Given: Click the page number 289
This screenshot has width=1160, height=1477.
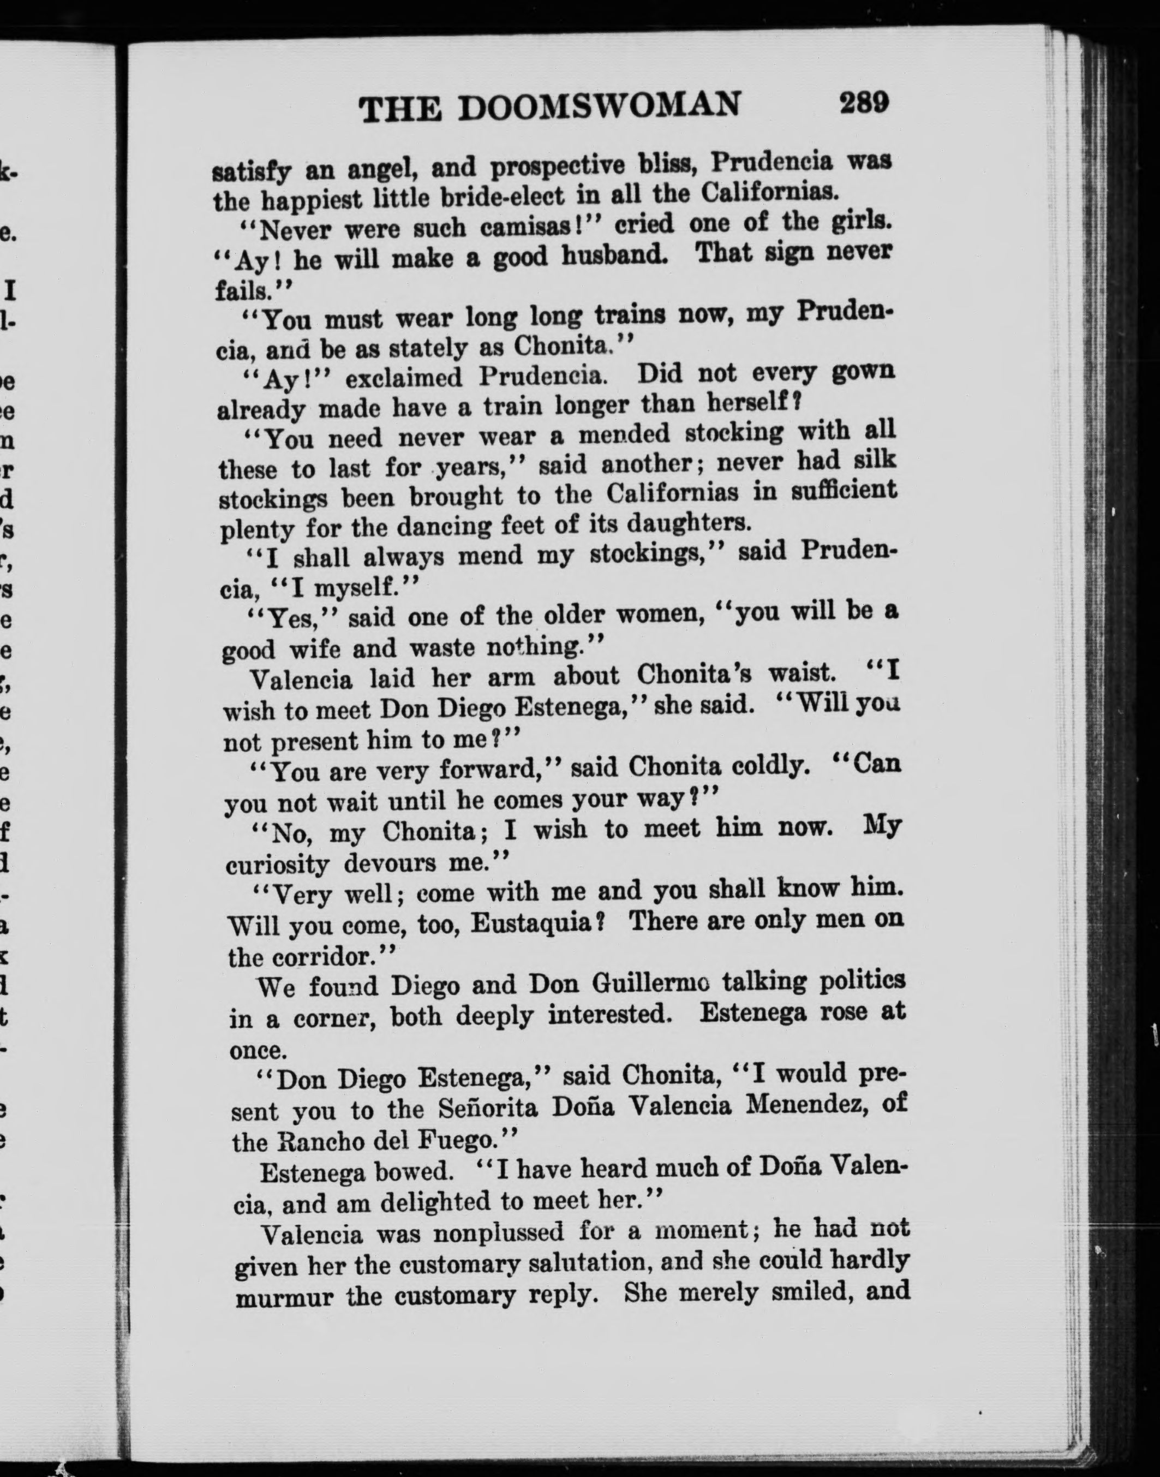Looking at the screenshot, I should [864, 103].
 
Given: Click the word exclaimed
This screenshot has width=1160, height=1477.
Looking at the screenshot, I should [403, 378].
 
